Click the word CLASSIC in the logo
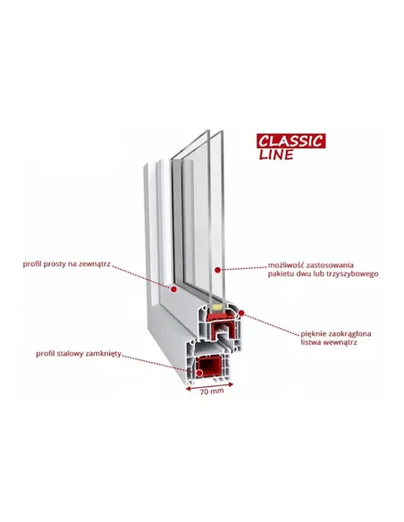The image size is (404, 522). (x=290, y=141)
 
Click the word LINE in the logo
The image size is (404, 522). (x=276, y=155)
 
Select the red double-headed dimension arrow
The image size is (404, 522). (x=209, y=386)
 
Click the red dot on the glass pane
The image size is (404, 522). (x=217, y=270)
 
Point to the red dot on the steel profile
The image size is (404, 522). (x=199, y=374)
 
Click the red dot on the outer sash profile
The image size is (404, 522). (x=173, y=290)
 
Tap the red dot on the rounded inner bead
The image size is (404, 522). (x=241, y=313)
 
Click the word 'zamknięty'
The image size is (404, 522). (x=104, y=354)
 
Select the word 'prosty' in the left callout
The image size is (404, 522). (x=55, y=265)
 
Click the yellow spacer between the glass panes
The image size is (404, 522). (x=216, y=307)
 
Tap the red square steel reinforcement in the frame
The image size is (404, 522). (x=208, y=366)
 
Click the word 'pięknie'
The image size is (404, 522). (x=314, y=334)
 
